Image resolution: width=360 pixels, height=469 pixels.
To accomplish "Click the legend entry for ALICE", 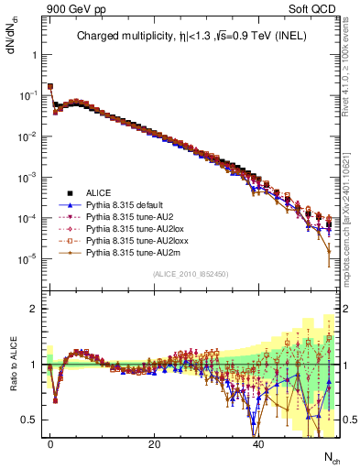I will point(98,192).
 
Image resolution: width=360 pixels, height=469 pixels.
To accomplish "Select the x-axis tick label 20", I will point(154,443).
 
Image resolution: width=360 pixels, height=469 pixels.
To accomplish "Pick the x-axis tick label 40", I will point(258,443).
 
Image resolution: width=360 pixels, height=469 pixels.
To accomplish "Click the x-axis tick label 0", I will point(50,443).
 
